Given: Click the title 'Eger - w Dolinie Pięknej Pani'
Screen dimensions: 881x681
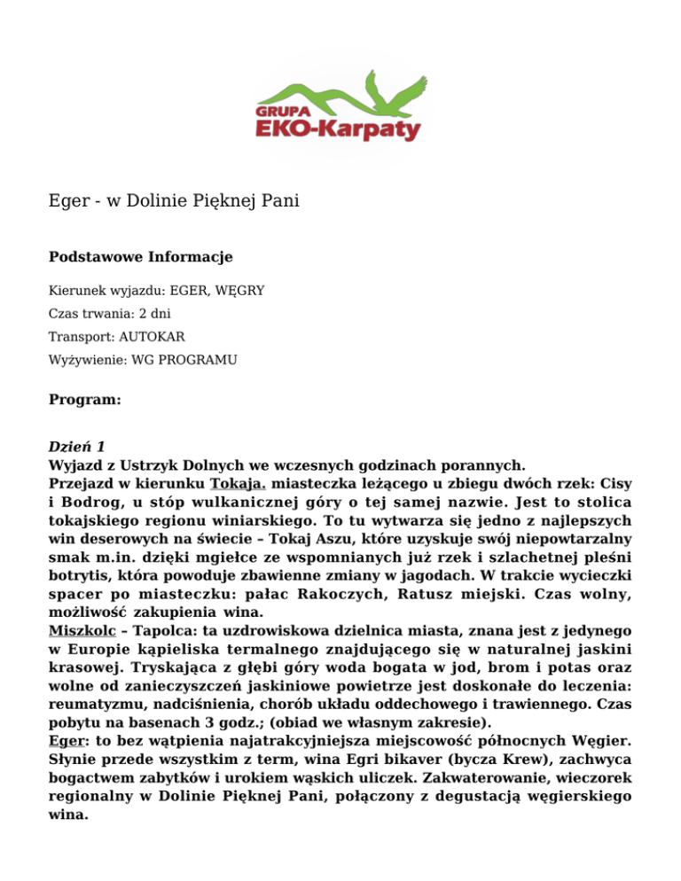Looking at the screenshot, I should pyautogui.click(x=173, y=201).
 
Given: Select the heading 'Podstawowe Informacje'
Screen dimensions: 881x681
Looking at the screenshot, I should pyautogui.click(x=140, y=257).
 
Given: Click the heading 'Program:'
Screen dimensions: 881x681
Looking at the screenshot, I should pyautogui.click(x=84, y=400).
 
